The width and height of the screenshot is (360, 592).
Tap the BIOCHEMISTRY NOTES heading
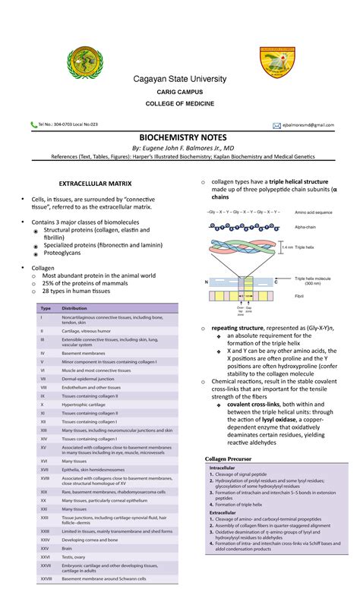click(180, 137)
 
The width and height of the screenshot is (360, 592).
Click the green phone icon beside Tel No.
click(33, 124)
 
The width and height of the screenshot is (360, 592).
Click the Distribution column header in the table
click(74, 308)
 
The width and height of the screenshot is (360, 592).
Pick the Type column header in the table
click(45, 308)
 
